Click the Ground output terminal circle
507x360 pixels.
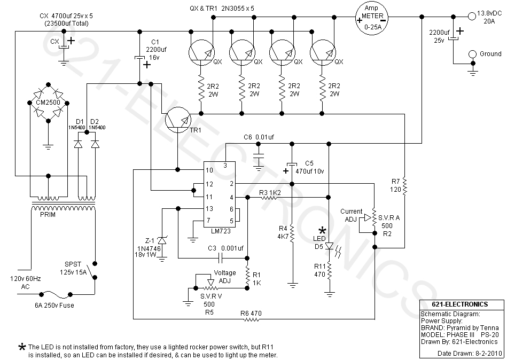(472, 54)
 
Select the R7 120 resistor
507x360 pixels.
(405, 186)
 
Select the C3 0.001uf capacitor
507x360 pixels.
(220, 259)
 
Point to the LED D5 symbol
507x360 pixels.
(330, 247)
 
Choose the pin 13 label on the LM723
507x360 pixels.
(209, 209)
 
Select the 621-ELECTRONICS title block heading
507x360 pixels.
(460, 304)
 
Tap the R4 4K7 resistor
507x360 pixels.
(292, 233)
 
